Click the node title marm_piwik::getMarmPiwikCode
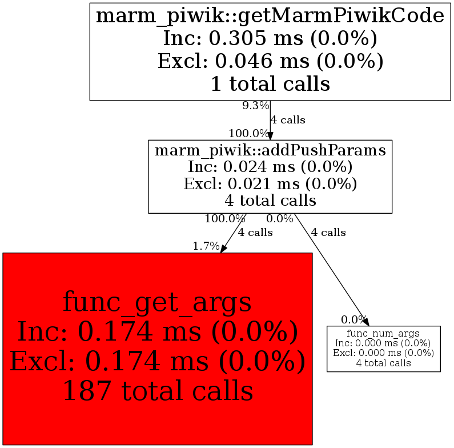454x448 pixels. (x=270, y=16)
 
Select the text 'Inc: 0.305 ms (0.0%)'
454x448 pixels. (x=270, y=39)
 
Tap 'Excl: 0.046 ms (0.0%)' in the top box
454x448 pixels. (x=270, y=61)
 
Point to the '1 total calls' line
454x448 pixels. (x=270, y=84)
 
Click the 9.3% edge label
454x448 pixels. (x=255, y=106)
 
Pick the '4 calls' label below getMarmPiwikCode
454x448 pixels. (x=288, y=120)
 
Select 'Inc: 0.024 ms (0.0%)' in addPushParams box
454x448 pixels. (x=270, y=167)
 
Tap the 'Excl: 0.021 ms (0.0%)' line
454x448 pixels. (x=270, y=183)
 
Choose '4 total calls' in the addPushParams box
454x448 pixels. (x=270, y=201)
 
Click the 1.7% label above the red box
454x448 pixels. (x=206, y=246)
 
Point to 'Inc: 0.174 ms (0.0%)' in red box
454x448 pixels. (x=157, y=331)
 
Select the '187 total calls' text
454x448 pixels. (x=157, y=391)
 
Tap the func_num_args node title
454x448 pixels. (x=383, y=333)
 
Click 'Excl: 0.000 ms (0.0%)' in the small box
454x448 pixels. (x=383, y=352)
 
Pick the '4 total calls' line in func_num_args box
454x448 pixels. (x=383, y=362)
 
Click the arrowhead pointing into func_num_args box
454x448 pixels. (x=365, y=322)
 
